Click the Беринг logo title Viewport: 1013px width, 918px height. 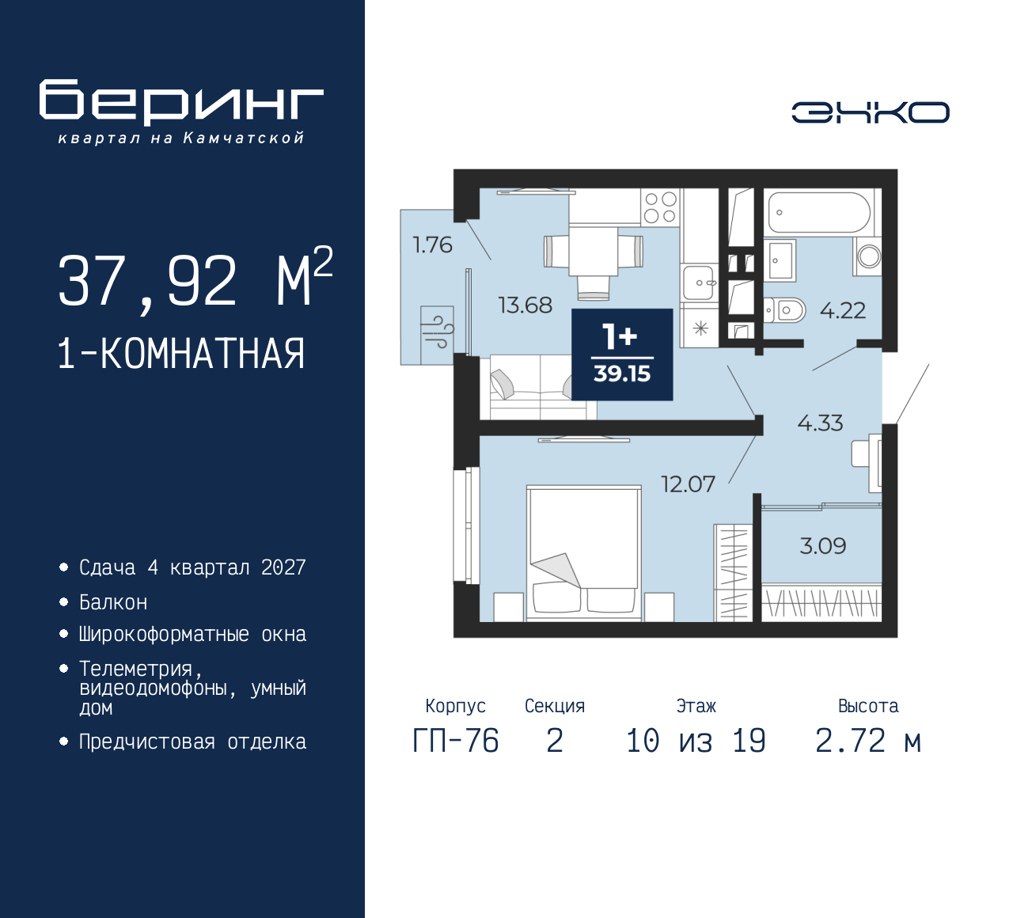(x=181, y=103)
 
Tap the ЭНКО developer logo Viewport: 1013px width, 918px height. (x=870, y=112)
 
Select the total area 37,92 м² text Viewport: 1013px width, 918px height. (x=195, y=281)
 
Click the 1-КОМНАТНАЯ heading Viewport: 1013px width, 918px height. (x=181, y=354)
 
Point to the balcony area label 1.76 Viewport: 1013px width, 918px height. (x=432, y=245)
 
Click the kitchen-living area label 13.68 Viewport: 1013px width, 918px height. (x=525, y=305)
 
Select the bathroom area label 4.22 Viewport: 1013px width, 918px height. (x=842, y=311)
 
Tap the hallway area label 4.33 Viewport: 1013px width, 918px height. (x=820, y=423)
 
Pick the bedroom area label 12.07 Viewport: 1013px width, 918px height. (x=688, y=484)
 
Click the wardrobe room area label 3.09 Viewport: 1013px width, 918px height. (x=822, y=546)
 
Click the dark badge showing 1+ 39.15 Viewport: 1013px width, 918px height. (x=622, y=355)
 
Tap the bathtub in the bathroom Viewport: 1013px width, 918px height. (x=818, y=212)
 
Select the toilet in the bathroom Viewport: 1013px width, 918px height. (x=784, y=310)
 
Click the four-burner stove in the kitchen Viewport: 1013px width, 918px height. (x=660, y=207)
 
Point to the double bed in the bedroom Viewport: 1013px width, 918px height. (x=584, y=551)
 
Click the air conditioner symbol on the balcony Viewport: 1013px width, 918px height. (x=437, y=328)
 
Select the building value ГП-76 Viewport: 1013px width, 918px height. (x=455, y=742)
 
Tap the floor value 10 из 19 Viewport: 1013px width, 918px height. (x=696, y=742)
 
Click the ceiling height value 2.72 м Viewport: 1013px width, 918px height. (x=867, y=742)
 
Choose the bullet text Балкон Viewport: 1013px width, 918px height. (x=113, y=603)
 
